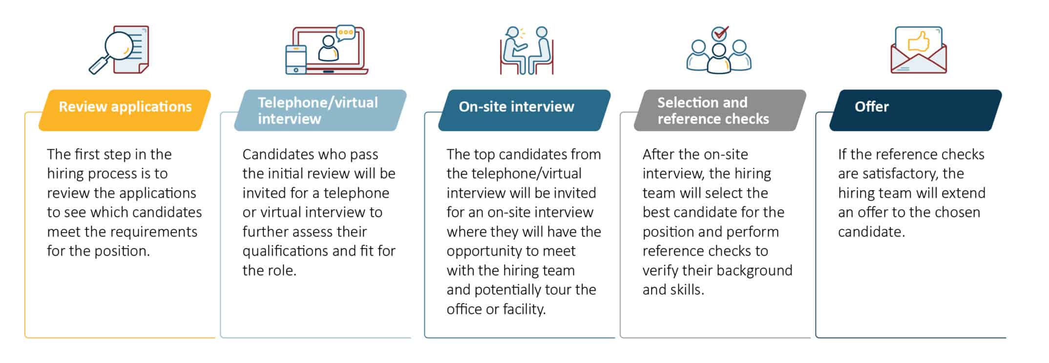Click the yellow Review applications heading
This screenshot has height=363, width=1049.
tap(125, 107)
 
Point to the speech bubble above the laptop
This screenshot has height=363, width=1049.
tap(346, 33)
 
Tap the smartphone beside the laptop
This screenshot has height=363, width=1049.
tap(296, 60)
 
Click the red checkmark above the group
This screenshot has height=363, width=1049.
tap(720, 33)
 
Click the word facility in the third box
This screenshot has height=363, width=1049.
tap(524, 309)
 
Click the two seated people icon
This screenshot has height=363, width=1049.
tap(526, 50)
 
